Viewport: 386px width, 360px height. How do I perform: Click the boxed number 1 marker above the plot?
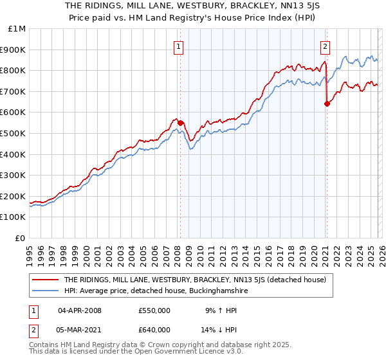coord(178,46)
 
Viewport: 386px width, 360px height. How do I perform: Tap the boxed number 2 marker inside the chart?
coord(326,46)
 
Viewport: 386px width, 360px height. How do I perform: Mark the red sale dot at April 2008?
coord(180,123)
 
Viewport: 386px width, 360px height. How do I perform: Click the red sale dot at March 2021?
coord(327,104)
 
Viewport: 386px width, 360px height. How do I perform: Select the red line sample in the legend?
coord(46,280)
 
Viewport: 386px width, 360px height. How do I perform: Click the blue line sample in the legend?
coord(46,291)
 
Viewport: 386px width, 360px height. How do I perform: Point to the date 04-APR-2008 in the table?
coord(80,310)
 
